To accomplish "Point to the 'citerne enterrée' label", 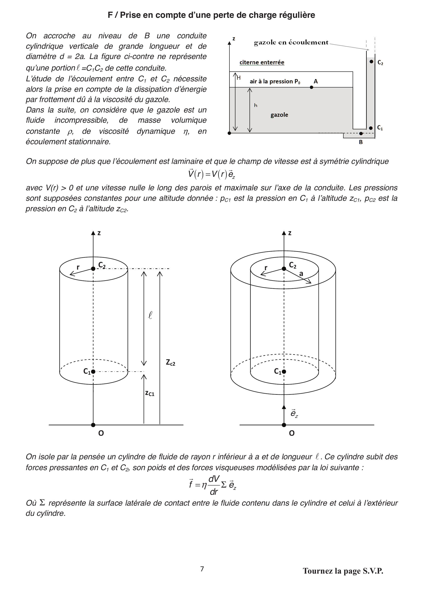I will click(262, 62).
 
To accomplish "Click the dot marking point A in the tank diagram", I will click(311, 87).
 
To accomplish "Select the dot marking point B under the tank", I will click(361, 134).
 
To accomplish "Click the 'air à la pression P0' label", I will click(275, 81).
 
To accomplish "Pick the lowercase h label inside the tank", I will click(256, 106).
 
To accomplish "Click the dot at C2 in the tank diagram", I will click(371, 62).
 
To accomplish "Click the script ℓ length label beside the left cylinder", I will click(150, 315).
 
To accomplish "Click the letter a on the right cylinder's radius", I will click(301, 274).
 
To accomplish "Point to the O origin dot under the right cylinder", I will click(284, 425).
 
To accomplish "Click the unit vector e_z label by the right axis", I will click(294, 414).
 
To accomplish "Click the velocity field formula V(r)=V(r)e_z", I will click(212, 174).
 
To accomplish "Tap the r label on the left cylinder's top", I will click(78, 267).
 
